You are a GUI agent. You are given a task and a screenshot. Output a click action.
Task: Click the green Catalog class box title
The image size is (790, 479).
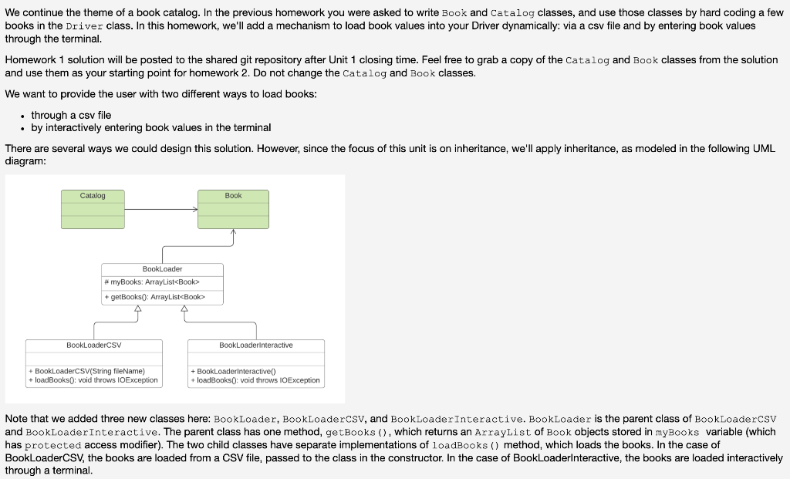(93, 196)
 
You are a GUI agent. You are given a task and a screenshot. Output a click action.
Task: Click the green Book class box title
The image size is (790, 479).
(233, 196)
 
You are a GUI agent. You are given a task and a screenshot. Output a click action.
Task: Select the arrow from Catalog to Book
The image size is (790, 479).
(161, 209)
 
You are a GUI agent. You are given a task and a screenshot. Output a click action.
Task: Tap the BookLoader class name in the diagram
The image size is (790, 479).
(162, 269)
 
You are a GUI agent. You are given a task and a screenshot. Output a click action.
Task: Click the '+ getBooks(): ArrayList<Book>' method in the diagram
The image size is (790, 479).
(154, 297)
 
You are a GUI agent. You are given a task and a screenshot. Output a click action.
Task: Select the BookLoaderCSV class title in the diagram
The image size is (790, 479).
(93, 345)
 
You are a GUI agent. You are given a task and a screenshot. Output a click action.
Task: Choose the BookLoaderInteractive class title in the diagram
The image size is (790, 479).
(255, 345)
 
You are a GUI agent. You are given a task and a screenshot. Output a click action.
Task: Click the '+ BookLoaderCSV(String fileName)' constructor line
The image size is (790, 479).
(86, 371)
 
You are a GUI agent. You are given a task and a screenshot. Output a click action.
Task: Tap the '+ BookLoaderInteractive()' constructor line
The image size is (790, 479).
(232, 371)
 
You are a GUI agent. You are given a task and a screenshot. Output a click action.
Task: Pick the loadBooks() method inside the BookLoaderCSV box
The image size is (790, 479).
(93, 380)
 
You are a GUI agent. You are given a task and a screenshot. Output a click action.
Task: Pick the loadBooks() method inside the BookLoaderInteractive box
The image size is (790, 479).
(255, 380)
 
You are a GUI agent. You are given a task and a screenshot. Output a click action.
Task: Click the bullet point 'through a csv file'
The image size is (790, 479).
(71, 115)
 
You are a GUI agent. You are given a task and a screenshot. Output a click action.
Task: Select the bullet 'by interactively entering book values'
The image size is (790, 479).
(150, 127)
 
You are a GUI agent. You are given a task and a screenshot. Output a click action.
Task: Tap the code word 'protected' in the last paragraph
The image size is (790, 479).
(53, 445)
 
